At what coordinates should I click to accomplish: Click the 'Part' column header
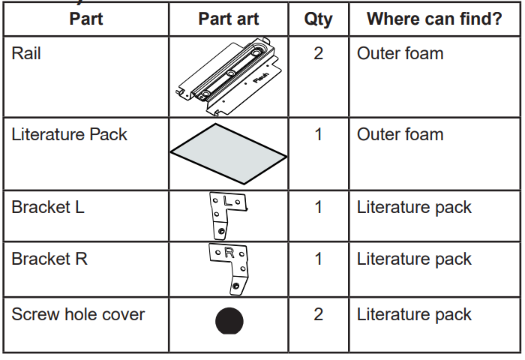point(86,19)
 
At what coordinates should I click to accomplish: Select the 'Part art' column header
point(229,19)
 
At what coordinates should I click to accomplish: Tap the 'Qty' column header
point(318,19)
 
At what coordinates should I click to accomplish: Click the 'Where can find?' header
point(434,19)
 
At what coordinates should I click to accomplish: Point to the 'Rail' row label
point(27,54)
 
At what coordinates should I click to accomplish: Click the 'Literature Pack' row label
point(69,135)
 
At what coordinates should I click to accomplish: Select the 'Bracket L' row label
point(48,207)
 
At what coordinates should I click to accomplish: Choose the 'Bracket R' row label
point(49,259)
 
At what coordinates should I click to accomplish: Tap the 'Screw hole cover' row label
point(79,314)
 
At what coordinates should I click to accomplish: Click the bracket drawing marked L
point(228,214)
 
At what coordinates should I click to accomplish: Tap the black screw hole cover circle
point(229,321)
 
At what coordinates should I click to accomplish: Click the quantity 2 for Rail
point(318,54)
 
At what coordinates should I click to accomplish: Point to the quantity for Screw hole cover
point(318,314)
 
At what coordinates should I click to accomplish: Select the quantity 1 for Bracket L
point(318,207)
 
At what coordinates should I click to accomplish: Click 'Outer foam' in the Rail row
point(400,54)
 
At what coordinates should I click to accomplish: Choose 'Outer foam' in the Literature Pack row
point(400,135)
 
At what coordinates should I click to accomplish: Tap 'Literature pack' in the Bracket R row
point(414,259)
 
